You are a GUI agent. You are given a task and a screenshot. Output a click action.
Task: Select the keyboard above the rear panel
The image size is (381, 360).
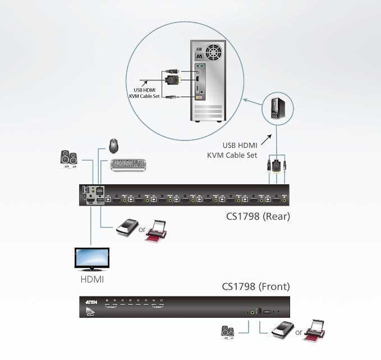[128, 165]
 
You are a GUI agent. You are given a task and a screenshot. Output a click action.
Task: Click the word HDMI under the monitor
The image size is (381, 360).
[93, 279]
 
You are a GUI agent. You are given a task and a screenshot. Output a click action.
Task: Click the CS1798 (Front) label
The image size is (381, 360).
[256, 286]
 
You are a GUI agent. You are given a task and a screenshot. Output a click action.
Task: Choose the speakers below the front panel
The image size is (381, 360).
[228, 333]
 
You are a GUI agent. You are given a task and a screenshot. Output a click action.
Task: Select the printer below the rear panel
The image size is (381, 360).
[156, 232]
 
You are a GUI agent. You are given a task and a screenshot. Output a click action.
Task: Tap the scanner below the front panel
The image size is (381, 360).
[282, 332]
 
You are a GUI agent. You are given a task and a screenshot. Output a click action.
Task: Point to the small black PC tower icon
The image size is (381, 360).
[274, 108]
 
